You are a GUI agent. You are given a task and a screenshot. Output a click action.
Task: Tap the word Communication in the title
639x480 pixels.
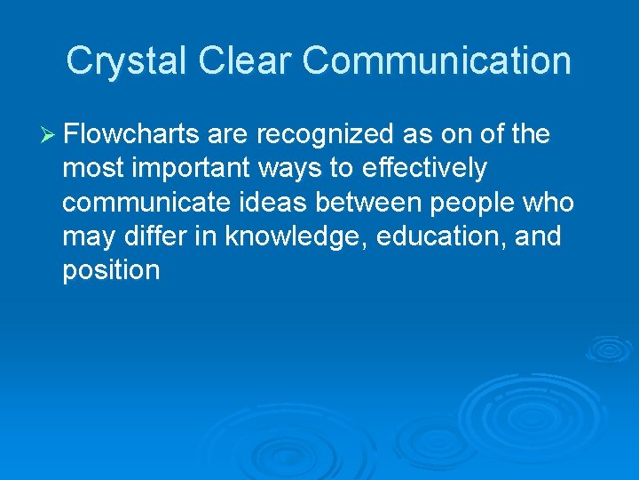[437, 61]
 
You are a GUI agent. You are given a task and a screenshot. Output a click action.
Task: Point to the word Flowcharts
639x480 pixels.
[132, 135]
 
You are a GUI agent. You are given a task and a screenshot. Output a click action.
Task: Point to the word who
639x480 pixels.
[549, 203]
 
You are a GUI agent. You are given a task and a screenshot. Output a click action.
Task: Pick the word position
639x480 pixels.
[111, 271]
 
